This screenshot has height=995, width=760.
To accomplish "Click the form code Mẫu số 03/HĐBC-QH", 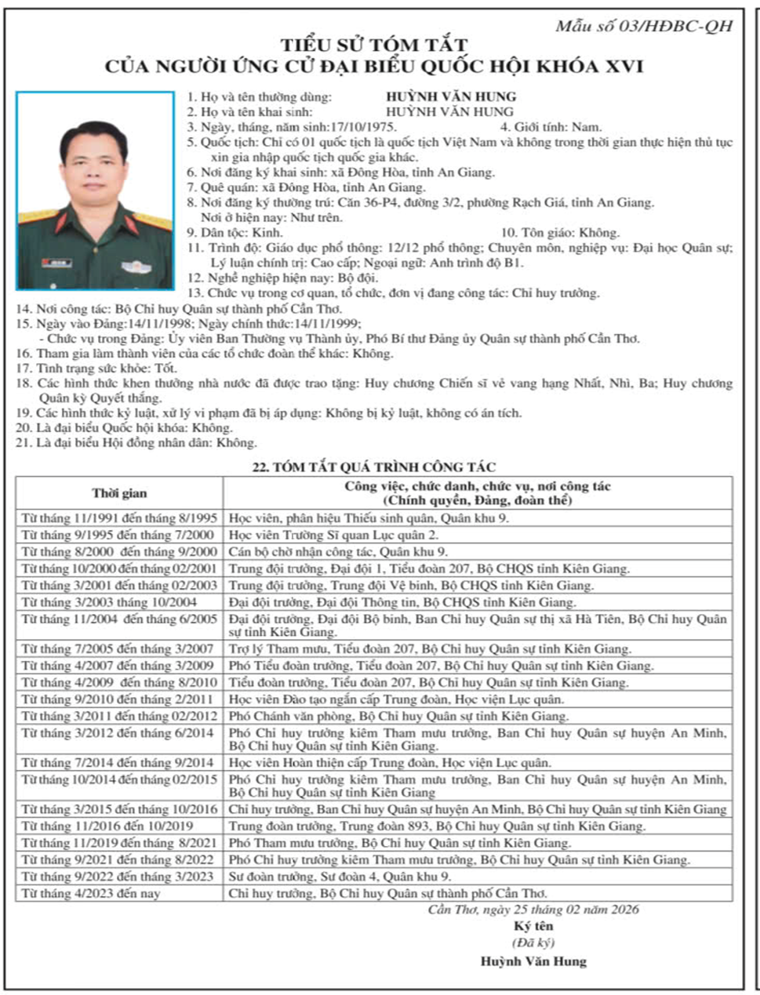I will click(x=644, y=26).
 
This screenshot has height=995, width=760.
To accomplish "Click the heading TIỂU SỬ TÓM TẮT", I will click(x=375, y=45).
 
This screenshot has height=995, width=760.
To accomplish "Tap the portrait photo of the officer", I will click(x=96, y=191).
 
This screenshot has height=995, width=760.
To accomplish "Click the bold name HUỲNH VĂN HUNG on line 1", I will click(x=451, y=96).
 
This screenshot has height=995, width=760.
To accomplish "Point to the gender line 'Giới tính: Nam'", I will click(x=551, y=127).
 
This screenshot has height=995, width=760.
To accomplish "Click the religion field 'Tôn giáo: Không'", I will click(x=560, y=233).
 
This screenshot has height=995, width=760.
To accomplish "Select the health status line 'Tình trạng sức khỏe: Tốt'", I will click(x=96, y=369).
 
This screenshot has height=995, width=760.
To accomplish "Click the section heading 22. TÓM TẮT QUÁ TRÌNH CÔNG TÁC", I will click(x=373, y=467).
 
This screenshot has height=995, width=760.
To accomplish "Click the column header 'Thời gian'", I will click(x=119, y=493).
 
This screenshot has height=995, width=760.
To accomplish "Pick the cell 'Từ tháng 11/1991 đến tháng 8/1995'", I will click(x=119, y=518).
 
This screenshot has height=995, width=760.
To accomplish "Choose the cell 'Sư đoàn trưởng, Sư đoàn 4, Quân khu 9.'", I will click(x=340, y=877).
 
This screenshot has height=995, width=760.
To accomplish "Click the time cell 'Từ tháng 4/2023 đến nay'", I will click(x=91, y=894).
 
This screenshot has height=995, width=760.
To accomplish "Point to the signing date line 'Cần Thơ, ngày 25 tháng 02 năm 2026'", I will click(x=533, y=910).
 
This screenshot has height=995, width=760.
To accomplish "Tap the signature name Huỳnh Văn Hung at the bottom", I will click(x=533, y=961).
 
